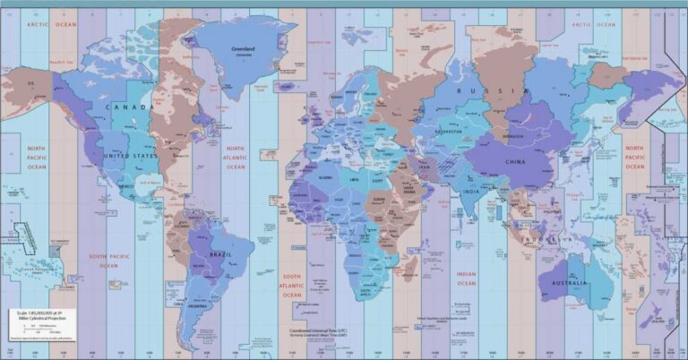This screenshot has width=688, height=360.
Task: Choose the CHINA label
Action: click(x=516, y=162)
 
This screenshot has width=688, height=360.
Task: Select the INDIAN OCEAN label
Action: click(x=467, y=279)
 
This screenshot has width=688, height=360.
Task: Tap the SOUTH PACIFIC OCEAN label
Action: click(x=103, y=260)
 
